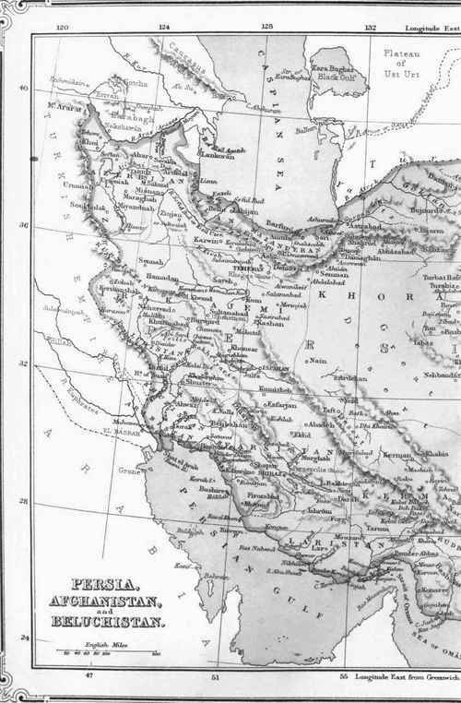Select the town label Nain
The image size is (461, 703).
click(x=319, y=361)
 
